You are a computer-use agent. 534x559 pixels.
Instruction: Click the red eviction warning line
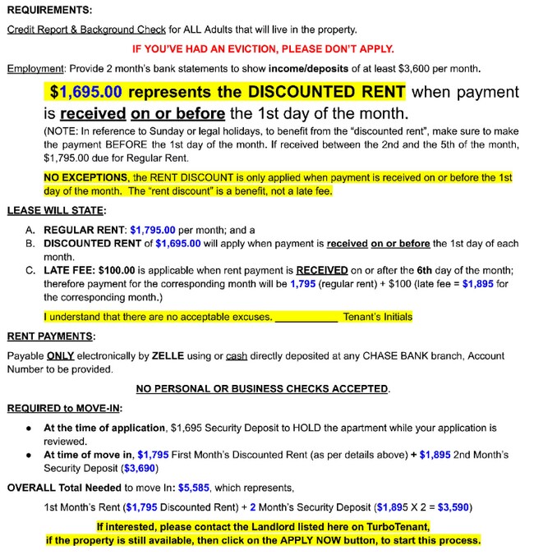[x=263, y=48]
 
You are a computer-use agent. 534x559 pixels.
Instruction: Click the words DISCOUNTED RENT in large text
[x=334, y=92]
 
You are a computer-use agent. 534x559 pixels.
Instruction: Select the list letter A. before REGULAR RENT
[x=30, y=231]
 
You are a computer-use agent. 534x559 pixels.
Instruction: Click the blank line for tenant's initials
[x=306, y=317]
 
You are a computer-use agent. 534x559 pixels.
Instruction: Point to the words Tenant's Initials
[x=378, y=317]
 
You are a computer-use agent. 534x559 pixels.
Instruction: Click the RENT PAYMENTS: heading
[x=51, y=337]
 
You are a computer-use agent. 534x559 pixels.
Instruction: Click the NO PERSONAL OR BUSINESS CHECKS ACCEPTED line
[x=263, y=387]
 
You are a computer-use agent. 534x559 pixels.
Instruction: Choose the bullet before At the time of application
[x=29, y=428]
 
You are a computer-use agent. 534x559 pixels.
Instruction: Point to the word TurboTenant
[x=398, y=527]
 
